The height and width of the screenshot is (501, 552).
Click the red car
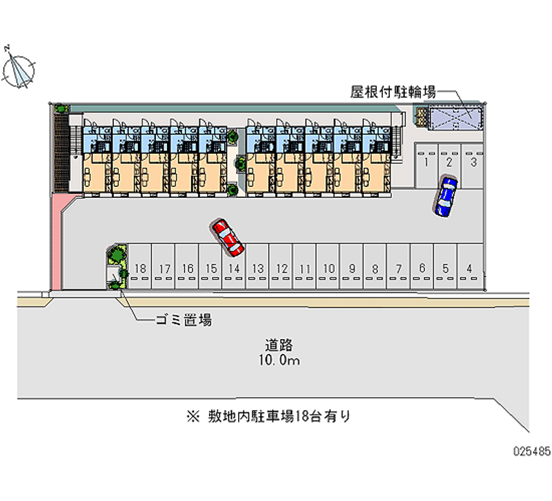pos(228,236)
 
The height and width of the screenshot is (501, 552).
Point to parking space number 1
pos(427,163)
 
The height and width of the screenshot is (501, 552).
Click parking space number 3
pos(473,163)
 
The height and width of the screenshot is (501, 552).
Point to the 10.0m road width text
pos(279,360)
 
